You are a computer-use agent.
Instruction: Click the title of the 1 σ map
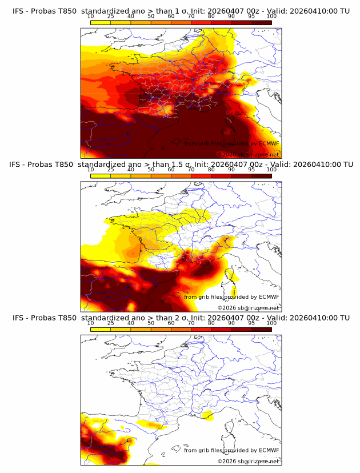(181, 10)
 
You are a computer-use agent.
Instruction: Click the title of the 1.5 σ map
(181, 164)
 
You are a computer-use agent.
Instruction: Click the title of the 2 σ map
(181, 318)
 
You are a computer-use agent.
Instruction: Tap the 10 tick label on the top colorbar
(91, 16)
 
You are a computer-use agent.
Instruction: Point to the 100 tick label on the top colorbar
(271, 16)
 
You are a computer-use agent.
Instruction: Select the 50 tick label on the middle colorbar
(151, 170)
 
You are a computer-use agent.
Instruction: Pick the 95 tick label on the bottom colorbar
(251, 323)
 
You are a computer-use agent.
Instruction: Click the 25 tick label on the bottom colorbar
(111, 323)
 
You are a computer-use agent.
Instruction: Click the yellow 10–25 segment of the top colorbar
(101, 22)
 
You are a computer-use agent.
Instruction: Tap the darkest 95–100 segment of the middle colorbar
(261, 176)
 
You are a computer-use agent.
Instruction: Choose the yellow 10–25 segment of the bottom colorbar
(101, 330)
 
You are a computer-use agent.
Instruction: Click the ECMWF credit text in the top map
(231, 143)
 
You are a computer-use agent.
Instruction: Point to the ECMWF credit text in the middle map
(231, 297)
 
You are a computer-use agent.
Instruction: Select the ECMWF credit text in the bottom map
(231, 450)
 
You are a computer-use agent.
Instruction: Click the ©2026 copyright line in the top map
(248, 154)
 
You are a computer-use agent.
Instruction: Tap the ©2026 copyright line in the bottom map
(248, 461)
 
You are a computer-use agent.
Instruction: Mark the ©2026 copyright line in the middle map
(248, 308)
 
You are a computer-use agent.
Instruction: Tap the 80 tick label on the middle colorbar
(211, 170)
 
